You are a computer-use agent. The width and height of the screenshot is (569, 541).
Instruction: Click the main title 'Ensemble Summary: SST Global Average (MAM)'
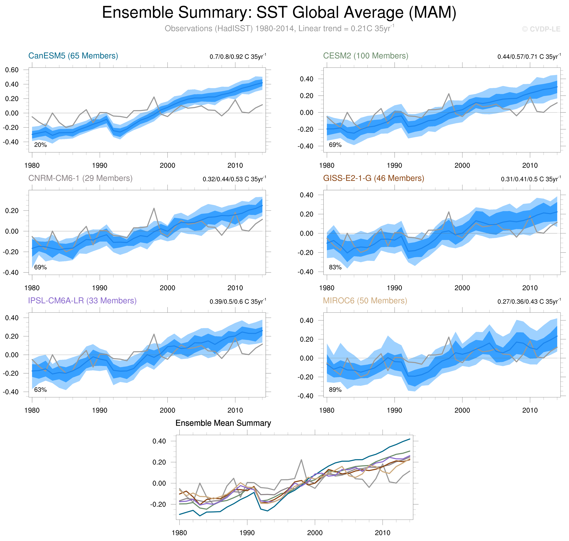click(x=279, y=13)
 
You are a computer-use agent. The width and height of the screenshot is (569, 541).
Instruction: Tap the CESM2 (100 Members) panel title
click(x=365, y=56)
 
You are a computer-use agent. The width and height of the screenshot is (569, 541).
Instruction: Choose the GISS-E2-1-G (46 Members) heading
click(x=373, y=178)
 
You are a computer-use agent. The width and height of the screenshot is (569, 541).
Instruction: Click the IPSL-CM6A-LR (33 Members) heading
click(x=82, y=301)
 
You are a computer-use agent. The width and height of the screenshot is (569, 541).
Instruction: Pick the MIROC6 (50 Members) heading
click(x=365, y=301)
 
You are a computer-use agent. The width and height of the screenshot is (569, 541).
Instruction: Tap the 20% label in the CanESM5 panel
click(x=40, y=145)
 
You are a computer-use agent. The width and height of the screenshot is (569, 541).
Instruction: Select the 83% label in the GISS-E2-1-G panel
click(x=335, y=267)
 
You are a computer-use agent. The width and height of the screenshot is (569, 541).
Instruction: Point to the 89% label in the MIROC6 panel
click(x=335, y=390)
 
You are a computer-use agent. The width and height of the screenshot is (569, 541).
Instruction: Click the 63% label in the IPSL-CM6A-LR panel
click(x=40, y=390)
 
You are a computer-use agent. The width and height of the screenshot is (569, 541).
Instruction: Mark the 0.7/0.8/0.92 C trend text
click(x=238, y=56)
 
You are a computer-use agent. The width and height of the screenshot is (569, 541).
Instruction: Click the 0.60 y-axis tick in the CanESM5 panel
click(x=12, y=70)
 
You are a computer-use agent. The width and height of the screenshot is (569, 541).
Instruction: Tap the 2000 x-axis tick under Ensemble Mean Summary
click(x=315, y=533)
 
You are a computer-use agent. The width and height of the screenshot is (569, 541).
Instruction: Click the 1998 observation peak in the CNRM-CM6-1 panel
click(x=154, y=208)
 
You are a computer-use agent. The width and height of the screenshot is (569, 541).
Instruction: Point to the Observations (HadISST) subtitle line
click(x=279, y=29)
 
